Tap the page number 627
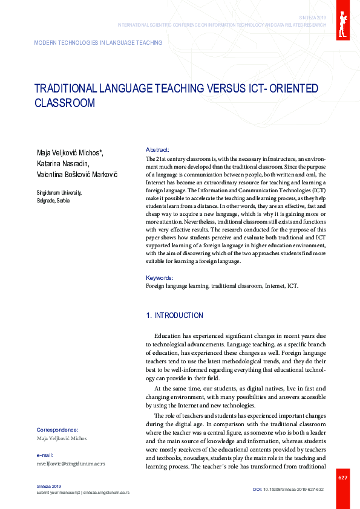pyautogui.click(x=342, y=478)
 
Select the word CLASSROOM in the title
pyautogui.click(x=65, y=103)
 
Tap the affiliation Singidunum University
pyautogui.click(x=59, y=193)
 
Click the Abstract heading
pyautogui.click(x=157, y=149)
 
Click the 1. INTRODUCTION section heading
pyautogui.click(x=175, y=316)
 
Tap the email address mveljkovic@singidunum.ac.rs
pyautogui.click(x=71, y=464)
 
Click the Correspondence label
pyautogui.click(x=57, y=429)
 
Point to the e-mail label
pyautogui.click(x=45, y=455)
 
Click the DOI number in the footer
pyautogui.click(x=293, y=488)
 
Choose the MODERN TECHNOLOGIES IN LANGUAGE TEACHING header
pyautogui.click(x=98, y=43)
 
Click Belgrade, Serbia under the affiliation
pyautogui.click(x=53, y=200)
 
